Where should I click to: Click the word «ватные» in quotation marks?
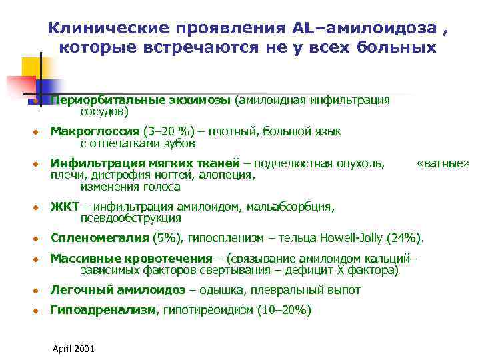click(x=443, y=163)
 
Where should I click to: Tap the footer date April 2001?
click(x=73, y=349)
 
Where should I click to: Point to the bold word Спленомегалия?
click(x=100, y=237)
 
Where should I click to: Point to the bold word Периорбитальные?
click(x=105, y=100)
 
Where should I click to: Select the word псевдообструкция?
click(x=131, y=218)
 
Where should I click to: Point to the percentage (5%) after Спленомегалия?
click(x=168, y=237)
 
